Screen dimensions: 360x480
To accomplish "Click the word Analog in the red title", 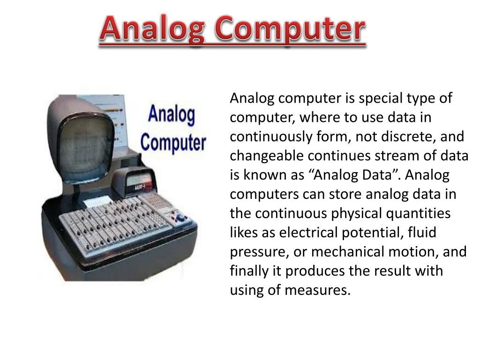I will tap(153, 29).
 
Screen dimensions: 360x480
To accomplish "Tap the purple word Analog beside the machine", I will tap(172, 116).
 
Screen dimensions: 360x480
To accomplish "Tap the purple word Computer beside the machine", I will tap(173, 142).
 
